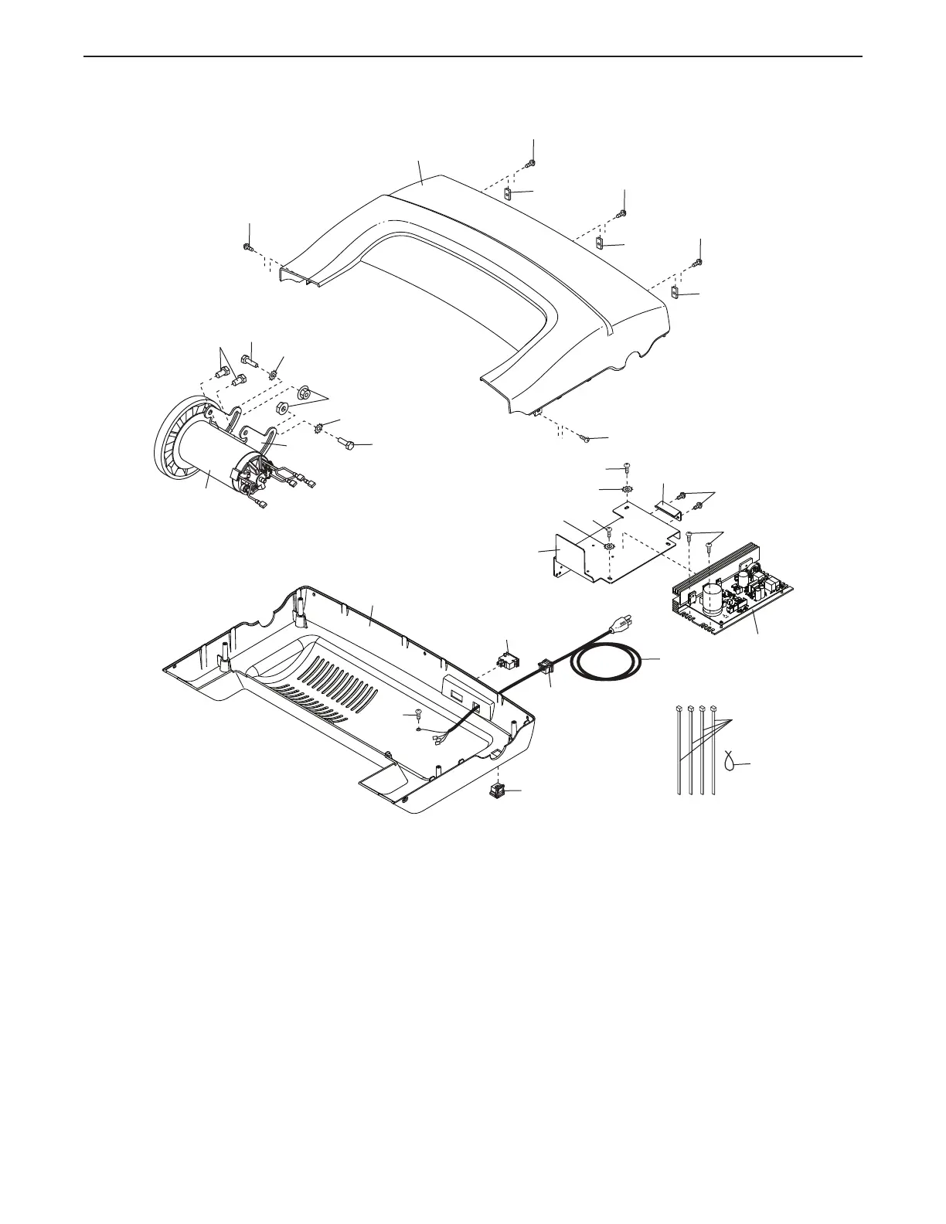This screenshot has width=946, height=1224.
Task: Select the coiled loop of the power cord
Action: (x=607, y=661)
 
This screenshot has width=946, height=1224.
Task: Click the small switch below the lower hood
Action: (x=498, y=790)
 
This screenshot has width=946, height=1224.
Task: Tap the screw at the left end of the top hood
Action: (x=247, y=247)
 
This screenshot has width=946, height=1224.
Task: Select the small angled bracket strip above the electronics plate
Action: (x=666, y=506)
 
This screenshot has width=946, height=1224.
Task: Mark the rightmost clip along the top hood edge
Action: (x=674, y=293)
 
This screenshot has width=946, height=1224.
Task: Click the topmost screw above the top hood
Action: (x=533, y=163)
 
